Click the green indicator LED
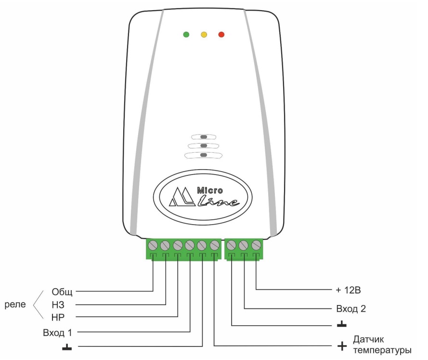(186, 35)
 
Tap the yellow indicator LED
(204, 35)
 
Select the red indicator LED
(221, 35)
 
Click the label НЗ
(58, 305)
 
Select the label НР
(58, 317)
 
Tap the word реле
(20, 305)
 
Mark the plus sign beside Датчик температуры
(342, 346)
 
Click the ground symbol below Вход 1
(67, 346)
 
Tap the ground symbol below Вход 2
(341, 324)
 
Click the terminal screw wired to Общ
(153, 244)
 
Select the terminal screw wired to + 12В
(256, 244)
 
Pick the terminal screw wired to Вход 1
(190, 244)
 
